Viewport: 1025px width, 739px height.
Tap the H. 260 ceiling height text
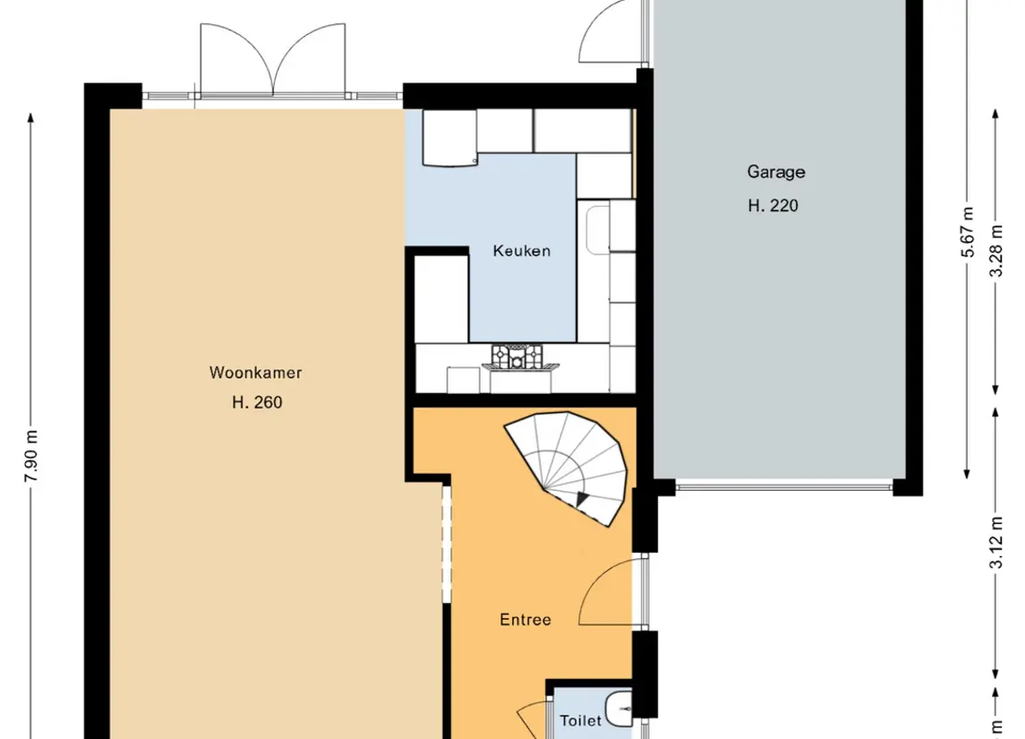point(256,403)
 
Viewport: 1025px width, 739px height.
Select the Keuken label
point(521,251)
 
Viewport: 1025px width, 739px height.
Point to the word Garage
point(776,172)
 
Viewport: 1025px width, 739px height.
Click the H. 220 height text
point(773,206)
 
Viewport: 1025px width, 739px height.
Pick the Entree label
point(525,620)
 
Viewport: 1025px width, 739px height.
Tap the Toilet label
point(580,720)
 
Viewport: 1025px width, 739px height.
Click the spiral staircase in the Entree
point(569,466)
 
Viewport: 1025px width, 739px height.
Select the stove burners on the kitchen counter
point(517,357)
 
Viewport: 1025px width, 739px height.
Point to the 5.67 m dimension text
point(968,233)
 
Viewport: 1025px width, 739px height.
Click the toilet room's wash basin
point(619,710)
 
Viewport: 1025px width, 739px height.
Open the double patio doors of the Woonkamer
point(272,59)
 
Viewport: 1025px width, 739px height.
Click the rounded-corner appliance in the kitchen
point(449,138)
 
